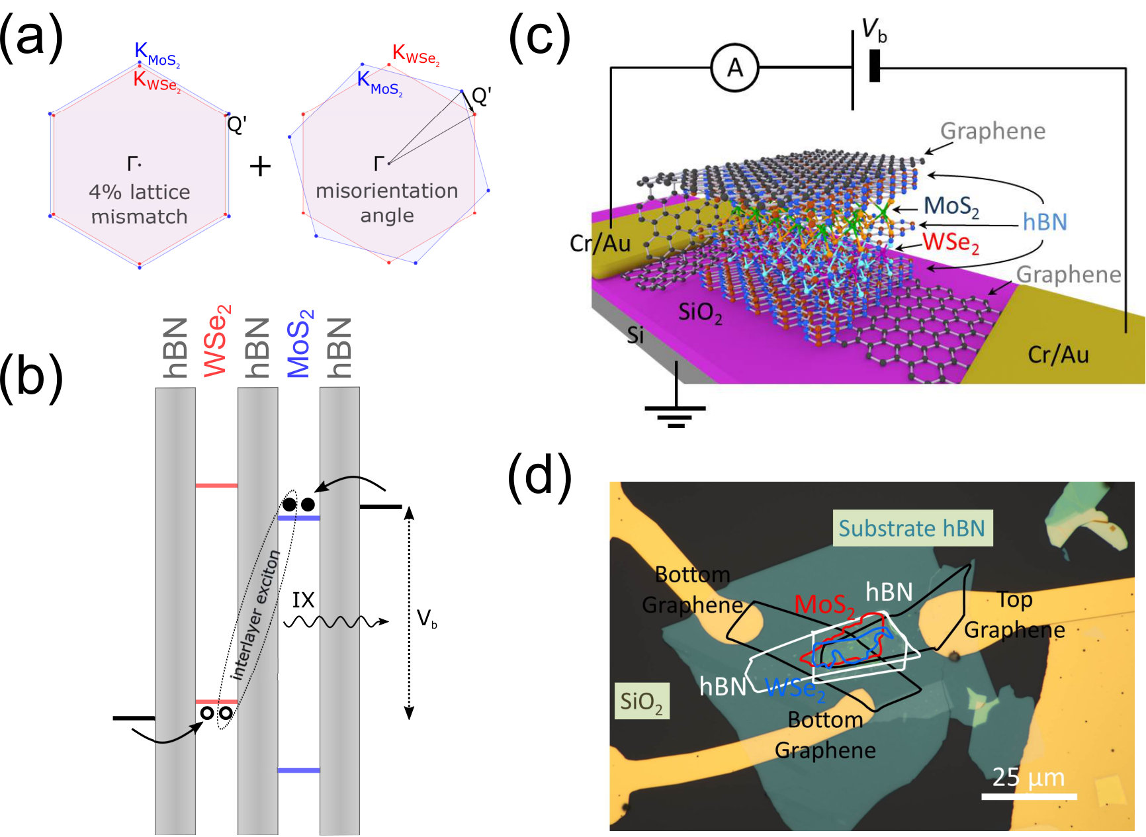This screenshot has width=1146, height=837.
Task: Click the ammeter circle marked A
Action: (x=734, y=67)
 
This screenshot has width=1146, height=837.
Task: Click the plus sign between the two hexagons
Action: (x=260, y=166)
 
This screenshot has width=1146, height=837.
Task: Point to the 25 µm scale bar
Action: (x=1029, y=796)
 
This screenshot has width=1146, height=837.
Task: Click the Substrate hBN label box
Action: (x=912, y=528)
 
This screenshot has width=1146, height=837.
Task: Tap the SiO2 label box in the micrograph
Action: (x=642, y=701)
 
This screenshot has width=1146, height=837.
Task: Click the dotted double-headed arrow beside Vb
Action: (x=409, y=612)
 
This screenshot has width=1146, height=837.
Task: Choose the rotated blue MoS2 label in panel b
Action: (x=300, y=343)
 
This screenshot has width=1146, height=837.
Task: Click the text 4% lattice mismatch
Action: (x=140, y=204)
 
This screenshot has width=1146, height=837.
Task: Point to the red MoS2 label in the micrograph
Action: (x=824, y=605)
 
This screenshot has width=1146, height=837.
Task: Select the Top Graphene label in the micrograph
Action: (x=1014, y=615)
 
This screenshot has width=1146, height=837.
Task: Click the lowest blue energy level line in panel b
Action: (x=298, y=770)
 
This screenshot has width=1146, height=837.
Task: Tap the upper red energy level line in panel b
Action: (x=216, y=486)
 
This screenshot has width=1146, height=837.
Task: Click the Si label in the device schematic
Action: (x=635, y=335)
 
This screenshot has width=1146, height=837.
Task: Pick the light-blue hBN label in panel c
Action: (x=1045, y=222)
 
